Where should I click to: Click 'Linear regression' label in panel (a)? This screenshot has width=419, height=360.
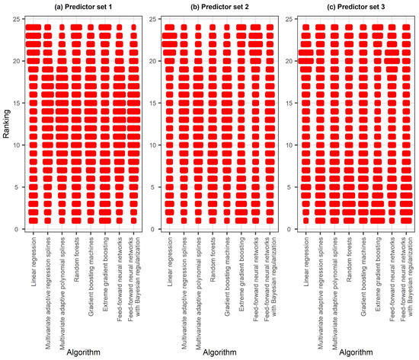click(x=34, y=263)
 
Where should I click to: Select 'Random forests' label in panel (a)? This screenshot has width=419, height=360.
click(x=77, y=259)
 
